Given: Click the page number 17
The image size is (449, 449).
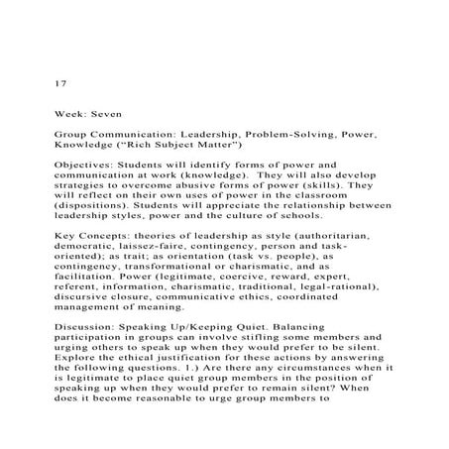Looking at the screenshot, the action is point(59,83).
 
